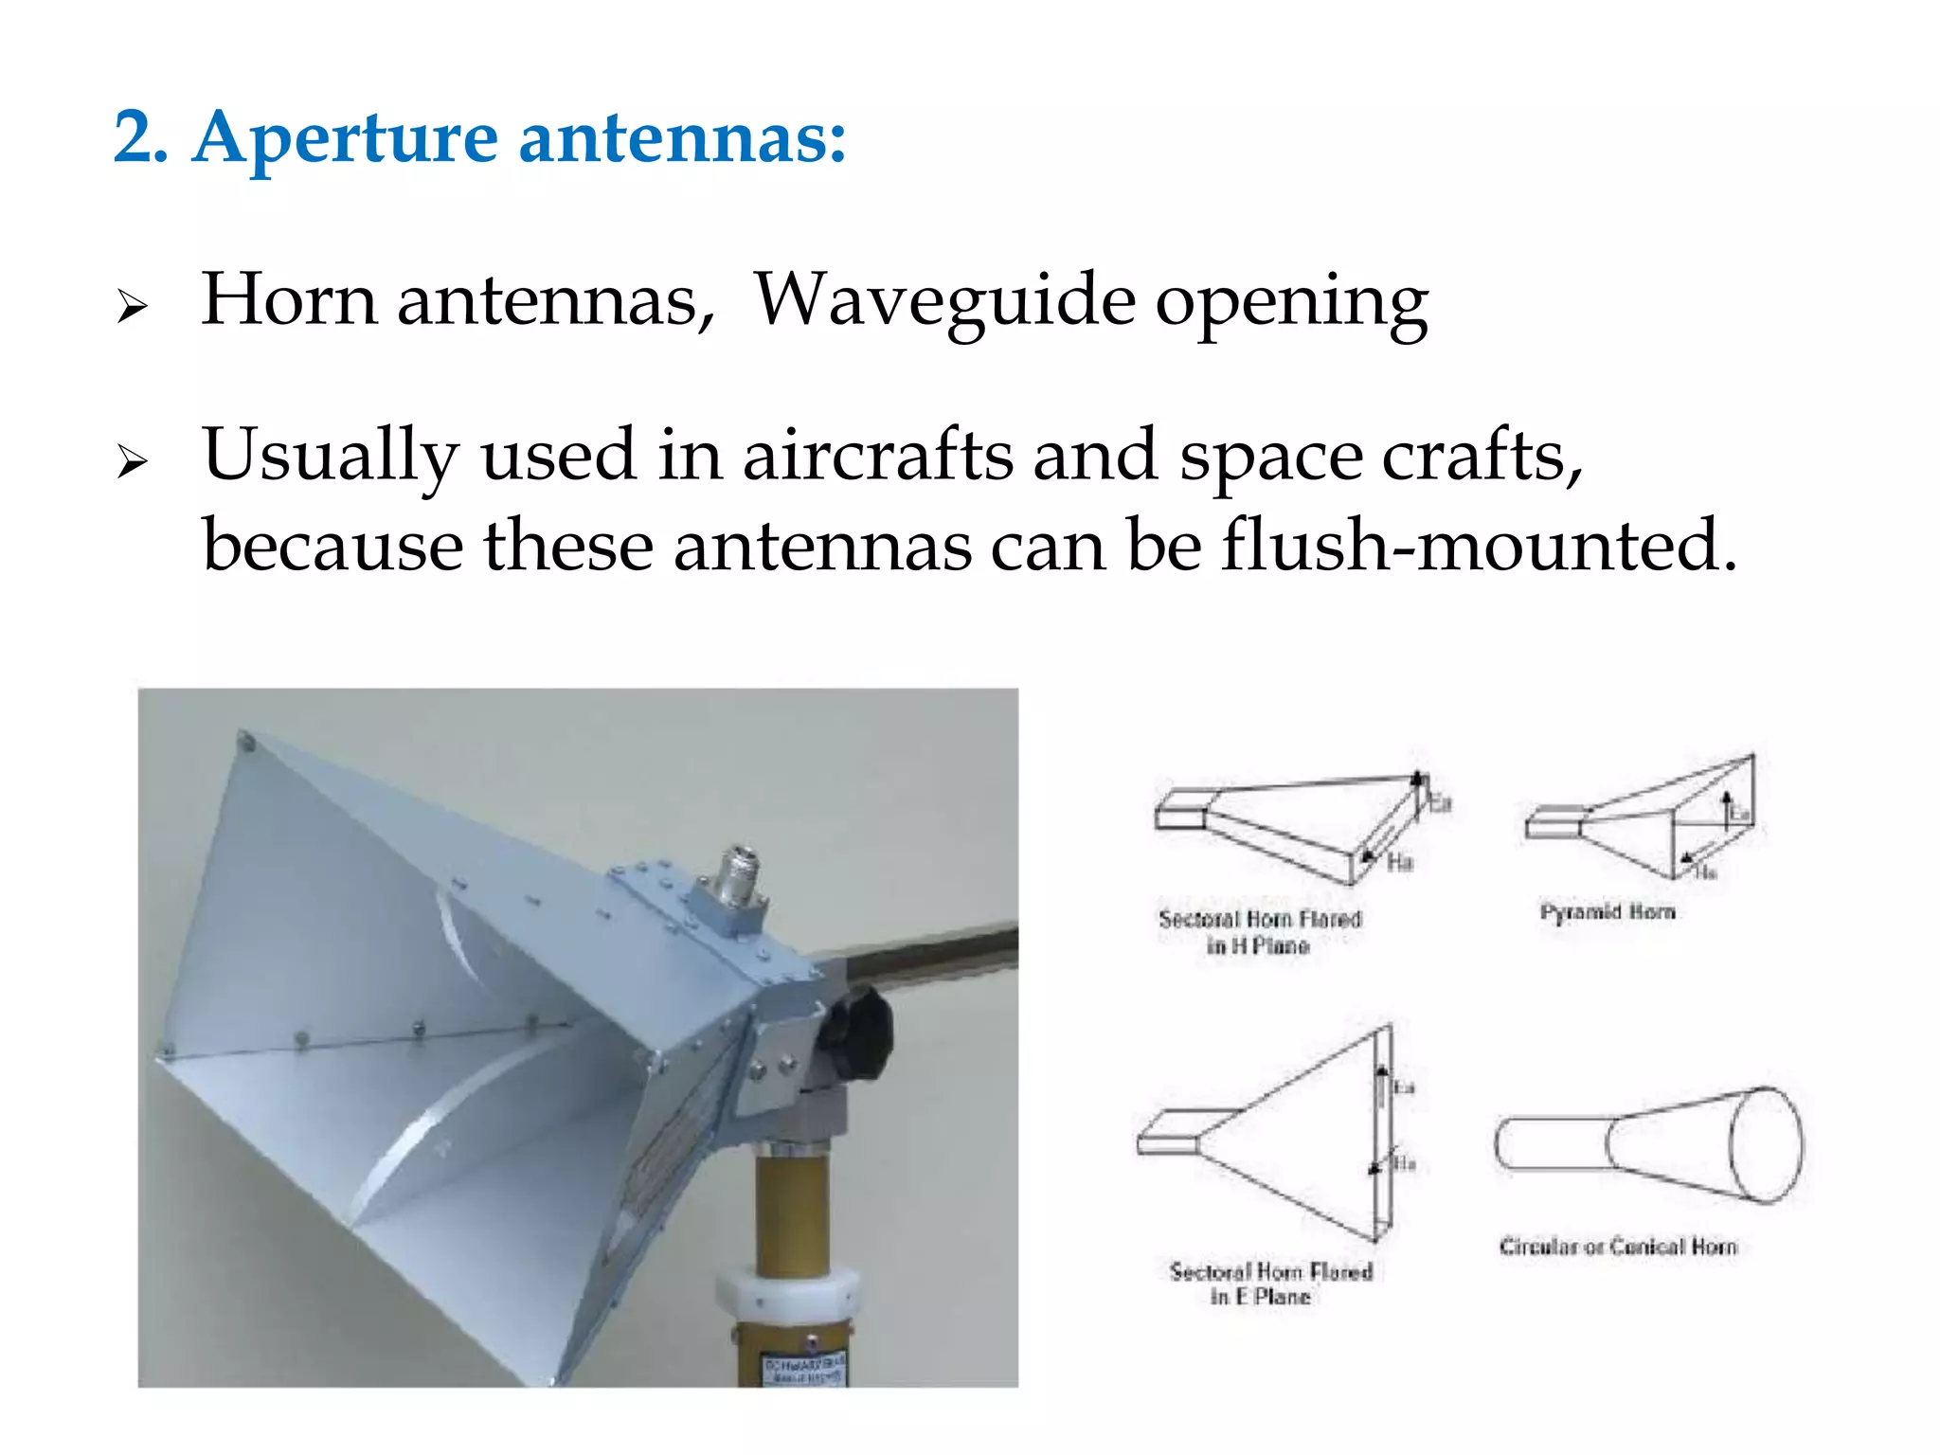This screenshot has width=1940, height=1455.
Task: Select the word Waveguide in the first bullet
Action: (x=944, y=300)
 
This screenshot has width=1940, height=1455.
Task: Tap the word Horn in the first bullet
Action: (x=289, y=300)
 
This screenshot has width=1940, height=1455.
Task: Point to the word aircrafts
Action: (x=877, y=456)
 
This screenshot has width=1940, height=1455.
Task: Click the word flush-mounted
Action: (x=1479, y=547)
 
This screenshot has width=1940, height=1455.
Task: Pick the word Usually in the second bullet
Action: (x=330, y=456)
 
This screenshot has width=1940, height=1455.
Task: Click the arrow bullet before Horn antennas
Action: (x=133, y=307)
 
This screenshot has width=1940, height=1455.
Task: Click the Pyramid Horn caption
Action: (x=1608, y=912)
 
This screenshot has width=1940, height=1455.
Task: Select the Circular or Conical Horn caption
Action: (x=1618, y=1247)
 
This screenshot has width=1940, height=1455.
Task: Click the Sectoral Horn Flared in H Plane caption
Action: (x=1260, y=932)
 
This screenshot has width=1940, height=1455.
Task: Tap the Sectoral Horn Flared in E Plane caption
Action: (x=1270, y=1284)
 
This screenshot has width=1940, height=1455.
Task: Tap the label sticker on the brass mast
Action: (x=806, y=1370)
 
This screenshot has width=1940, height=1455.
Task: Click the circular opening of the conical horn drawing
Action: (x=1768, y=1145)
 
